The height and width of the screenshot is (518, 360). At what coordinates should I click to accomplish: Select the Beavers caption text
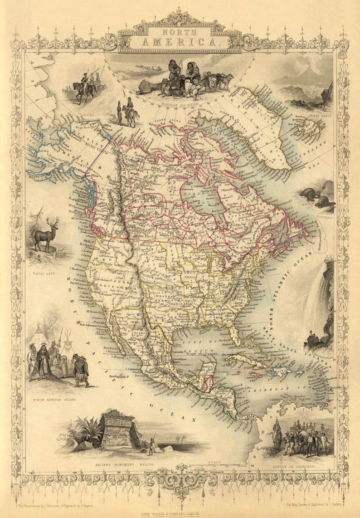tap(326, 217)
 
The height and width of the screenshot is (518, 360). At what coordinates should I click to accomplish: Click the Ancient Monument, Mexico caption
tap(123, 465)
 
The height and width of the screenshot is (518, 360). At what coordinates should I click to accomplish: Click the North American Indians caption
tap(54, 400)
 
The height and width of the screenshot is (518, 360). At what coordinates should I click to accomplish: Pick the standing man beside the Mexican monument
tap(151, 447)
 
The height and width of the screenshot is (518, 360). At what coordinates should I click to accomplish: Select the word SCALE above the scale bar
tap(214, 462)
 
